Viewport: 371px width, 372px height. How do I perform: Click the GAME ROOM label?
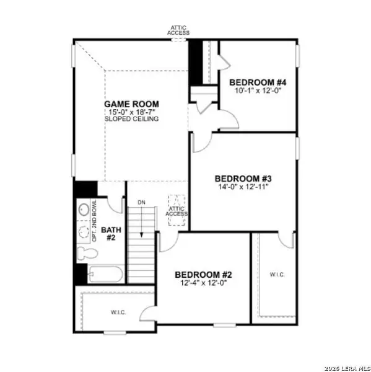click(131, 104)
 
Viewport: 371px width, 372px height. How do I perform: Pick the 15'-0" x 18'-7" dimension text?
click(132, 112)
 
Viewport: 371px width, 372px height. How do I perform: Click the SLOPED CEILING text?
click(131, 118)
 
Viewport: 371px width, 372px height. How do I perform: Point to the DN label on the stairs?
click(141, 203)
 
